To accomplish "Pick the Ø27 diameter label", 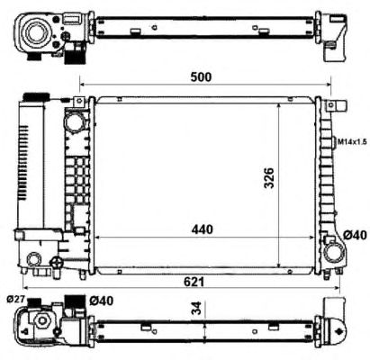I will tap(15, 299).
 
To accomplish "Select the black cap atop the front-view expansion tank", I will tap(35, 96).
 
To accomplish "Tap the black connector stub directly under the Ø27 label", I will tap(36, 301).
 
